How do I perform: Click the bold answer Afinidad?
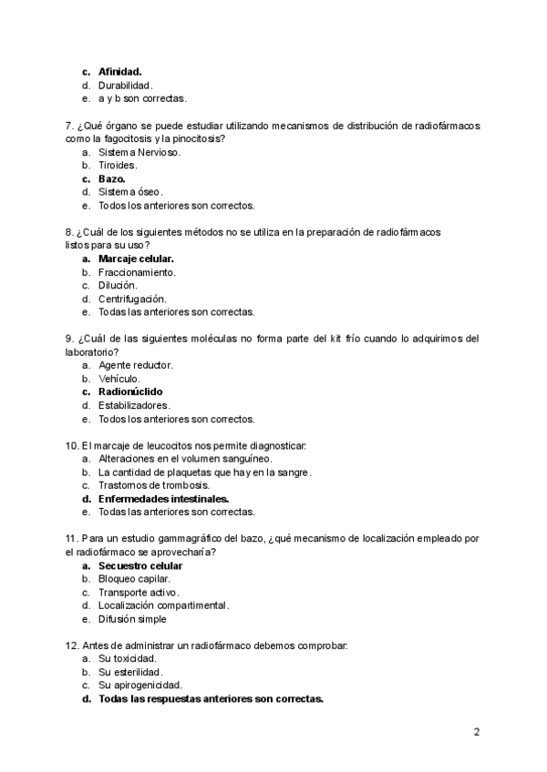(119, 71)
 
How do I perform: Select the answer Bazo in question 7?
(112, 178)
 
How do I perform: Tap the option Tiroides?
(118, 165)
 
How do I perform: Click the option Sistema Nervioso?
(139, 152)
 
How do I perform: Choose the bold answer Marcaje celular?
(136, 259)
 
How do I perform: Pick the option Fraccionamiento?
(137, 272)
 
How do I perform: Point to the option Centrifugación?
(132, 299)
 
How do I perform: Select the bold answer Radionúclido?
(130, 392)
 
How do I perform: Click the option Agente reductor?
(135, 365)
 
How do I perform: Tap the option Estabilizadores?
(134, 405)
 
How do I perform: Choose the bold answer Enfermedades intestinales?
(163, 499)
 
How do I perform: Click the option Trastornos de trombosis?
(148, 485)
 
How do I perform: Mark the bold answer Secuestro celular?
(139, 565)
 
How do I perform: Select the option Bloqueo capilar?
(134, 579)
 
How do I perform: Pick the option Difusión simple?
(132, 619)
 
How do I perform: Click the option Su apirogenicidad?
(139, 686)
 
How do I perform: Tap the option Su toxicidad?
(127, 658)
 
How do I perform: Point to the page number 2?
(477, 732)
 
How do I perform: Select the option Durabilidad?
(131, 85)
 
